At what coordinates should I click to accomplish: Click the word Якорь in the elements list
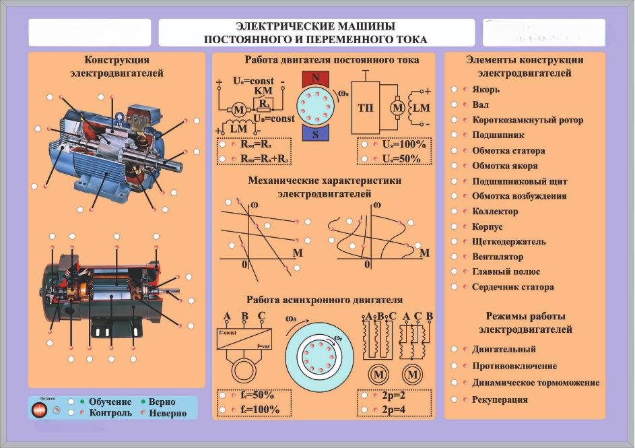[486, 90]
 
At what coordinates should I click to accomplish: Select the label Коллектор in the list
[495, 212]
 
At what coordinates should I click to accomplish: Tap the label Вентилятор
[498, 257]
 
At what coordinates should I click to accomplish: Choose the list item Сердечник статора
[513, 287]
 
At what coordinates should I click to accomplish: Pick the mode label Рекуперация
[500, 399]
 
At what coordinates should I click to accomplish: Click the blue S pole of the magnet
[315, 133]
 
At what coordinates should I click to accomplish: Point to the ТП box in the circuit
[366, 107]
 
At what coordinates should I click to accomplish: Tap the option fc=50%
[255, 395]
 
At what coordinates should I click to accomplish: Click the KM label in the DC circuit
[263, 91]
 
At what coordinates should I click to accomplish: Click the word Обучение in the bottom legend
[110, 402]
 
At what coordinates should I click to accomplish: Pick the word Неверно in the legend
[168, 413]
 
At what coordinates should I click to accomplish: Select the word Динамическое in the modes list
[504, 383]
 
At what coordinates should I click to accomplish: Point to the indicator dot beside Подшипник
[465, 135]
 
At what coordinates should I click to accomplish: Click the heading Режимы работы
[525, 316]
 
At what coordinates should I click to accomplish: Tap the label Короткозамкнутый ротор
[527, 120]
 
